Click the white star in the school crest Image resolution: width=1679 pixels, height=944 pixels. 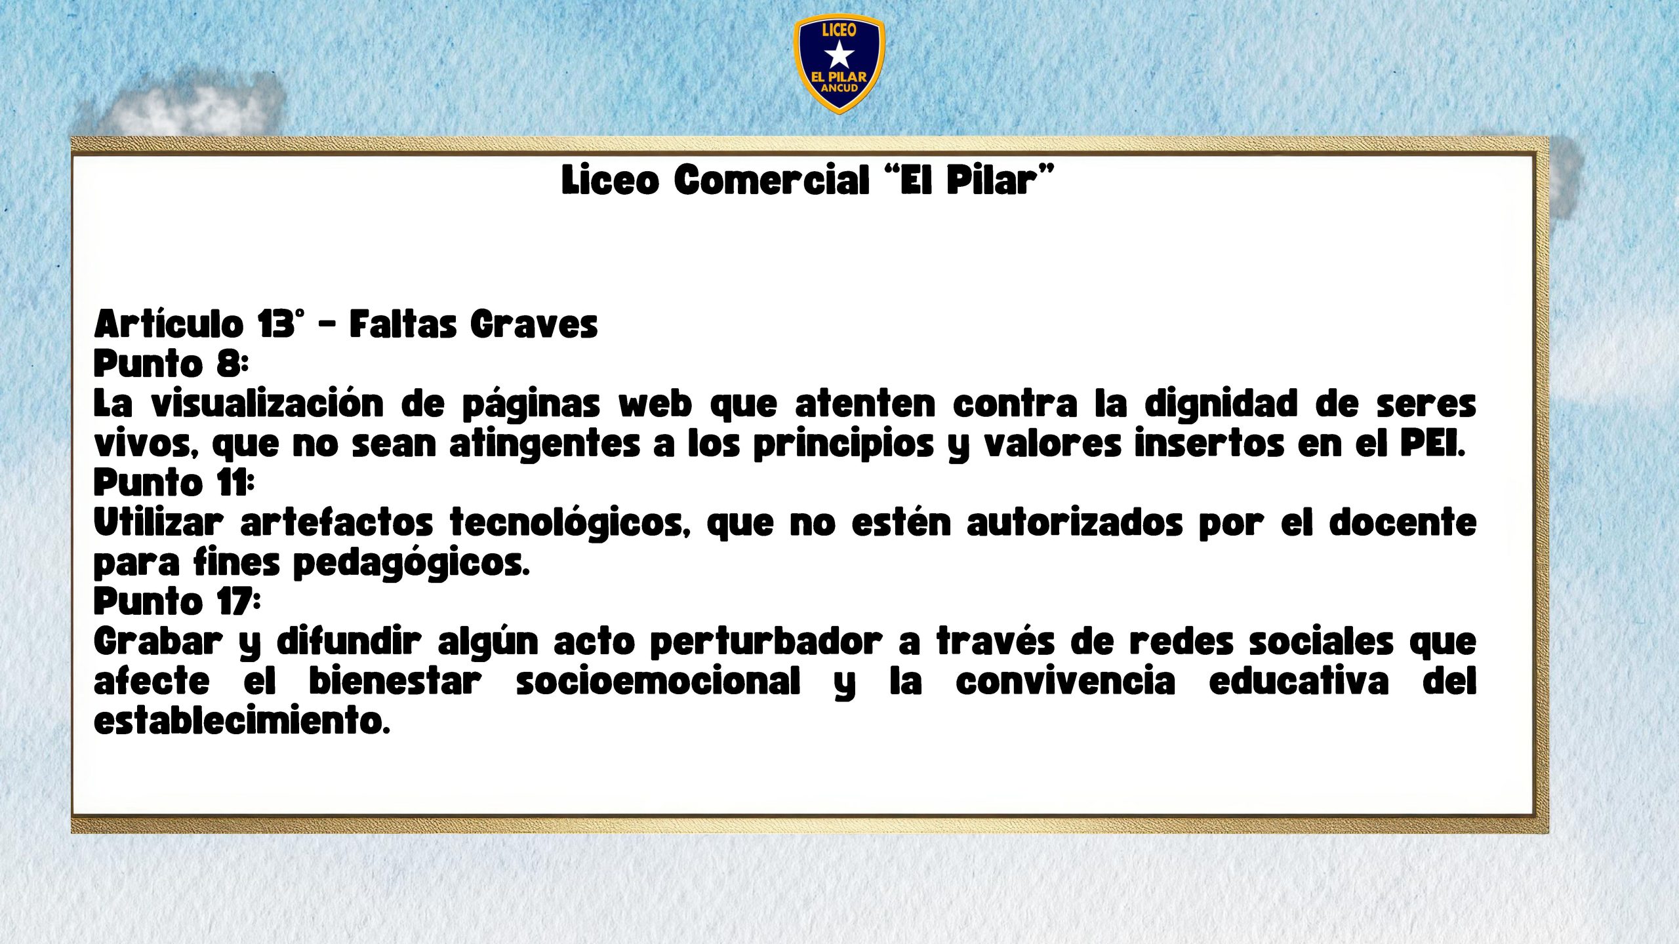(839, 54)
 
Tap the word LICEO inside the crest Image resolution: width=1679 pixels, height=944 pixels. (839, 29)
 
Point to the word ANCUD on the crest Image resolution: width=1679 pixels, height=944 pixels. (839, 88)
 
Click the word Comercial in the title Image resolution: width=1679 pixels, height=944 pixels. (771, 180)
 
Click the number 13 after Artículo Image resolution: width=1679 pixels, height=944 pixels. (275, 324)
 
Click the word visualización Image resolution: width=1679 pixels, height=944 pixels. (268, 404)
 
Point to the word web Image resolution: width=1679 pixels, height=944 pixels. (655, 404)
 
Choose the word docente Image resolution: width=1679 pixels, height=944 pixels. (1403, 523)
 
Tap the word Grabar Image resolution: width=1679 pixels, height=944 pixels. (158, 642)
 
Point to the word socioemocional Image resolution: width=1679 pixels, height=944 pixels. (658, 682)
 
